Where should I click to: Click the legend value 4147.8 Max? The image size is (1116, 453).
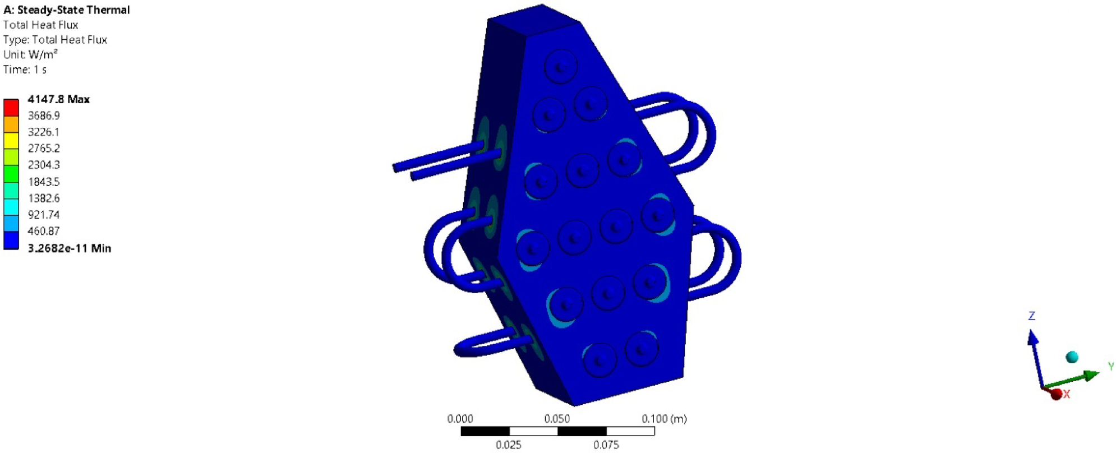click(58, 99)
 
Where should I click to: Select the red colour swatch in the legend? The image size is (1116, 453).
click(11, 107)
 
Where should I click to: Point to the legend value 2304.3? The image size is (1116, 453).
click(44, 165)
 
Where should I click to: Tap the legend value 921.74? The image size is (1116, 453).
click(44, 215)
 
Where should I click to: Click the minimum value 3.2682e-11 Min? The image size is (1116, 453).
click(69, 248)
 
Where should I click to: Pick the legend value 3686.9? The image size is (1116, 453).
click(44, 115)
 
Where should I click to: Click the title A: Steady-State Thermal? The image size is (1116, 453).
click(66, 10)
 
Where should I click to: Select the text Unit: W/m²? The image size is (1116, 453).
click(30, 54)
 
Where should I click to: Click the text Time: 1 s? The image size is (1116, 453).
click(25, 70)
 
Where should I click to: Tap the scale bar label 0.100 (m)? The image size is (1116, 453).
click(664, 419)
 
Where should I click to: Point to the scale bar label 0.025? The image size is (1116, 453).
click(509, 445)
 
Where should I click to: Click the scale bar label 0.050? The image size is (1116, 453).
click(557, 419)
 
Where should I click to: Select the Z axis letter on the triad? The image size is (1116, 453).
click(1031, 316)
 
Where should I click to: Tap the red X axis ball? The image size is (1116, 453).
click(1057, 395)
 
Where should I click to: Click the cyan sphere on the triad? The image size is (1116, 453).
click(1072, 357)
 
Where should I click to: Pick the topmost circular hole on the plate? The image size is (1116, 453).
click(560, 67)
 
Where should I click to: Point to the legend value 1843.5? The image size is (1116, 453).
click(44, 182)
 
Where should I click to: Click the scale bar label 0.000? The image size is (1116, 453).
click(460, 419)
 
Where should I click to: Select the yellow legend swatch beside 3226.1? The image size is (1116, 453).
click(11, 140)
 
